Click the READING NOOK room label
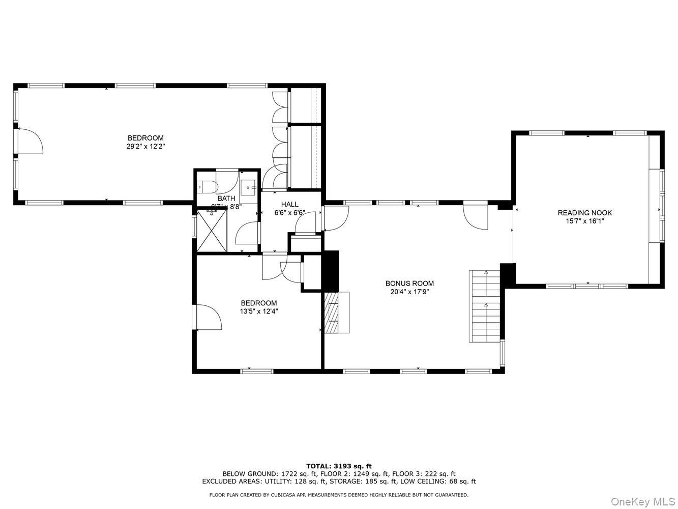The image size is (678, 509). (x=584, y=213)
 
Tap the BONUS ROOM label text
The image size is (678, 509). (x=409, y=284)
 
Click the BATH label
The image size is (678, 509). (x=226, y=199)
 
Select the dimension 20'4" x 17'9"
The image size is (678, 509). (x=409, y=292)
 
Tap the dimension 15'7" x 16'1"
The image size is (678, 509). (x=584, y=221)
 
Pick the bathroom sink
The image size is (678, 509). (x=249, y=187)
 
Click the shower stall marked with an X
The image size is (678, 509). (x=212, y=231)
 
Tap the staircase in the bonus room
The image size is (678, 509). (x=485, y=306)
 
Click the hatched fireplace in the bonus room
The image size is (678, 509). (x=333, y=313)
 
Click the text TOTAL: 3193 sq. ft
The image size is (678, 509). (x=339, y=466)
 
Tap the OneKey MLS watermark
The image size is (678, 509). (x=643, y=502)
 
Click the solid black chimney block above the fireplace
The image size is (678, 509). (x=331, y=271)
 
